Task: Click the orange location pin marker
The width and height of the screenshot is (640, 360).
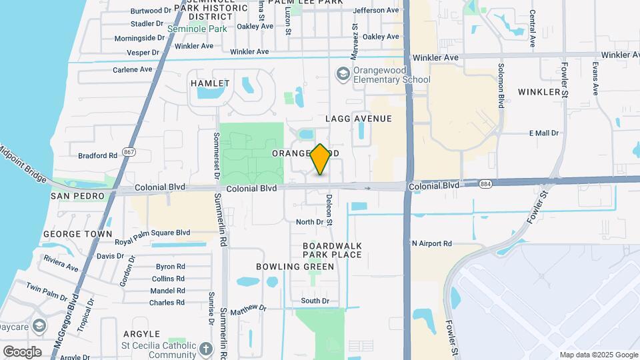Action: [x=321, y=159]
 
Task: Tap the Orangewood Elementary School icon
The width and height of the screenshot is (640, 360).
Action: [x=343, y=73]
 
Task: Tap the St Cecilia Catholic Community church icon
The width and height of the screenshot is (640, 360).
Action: [x=206, y=348]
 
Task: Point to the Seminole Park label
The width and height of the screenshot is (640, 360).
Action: [x=197, y=29]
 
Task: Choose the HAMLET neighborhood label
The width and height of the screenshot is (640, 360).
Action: [x=210, y=83]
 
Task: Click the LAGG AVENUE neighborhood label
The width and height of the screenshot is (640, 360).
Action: [x=358, y=119]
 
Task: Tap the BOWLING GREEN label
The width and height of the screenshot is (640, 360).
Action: [x=295, y=267]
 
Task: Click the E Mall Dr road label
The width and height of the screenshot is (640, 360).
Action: [x=543, y=133]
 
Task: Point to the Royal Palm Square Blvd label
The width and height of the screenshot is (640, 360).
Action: [x=152, y=233]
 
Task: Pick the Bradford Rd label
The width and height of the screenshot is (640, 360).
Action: [x=97, y=156]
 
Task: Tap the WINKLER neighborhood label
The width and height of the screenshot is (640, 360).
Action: [x=540, y=91]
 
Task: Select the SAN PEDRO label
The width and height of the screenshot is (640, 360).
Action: [x=78, y=196]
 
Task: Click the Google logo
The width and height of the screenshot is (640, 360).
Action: [x=22, y=351]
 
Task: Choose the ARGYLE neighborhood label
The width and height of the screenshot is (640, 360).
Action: [x=141, y=333]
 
